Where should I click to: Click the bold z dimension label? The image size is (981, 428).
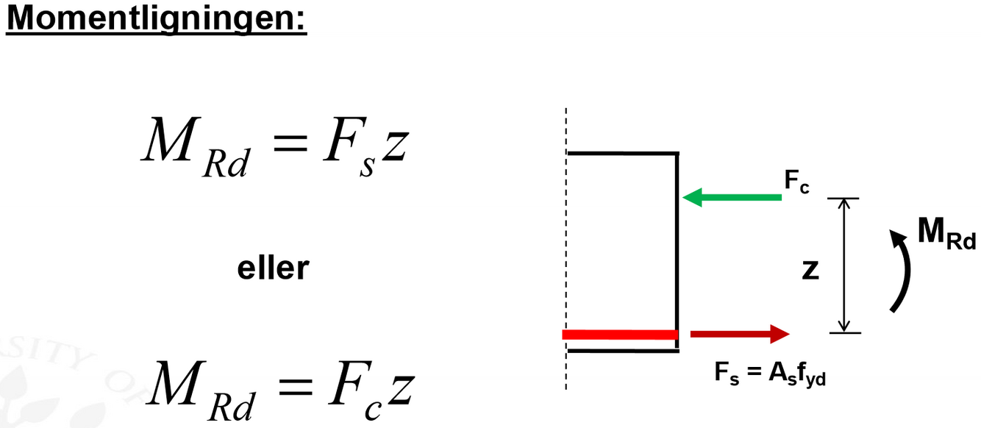(x=810, y=270)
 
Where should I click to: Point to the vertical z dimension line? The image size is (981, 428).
(x=844, y=265)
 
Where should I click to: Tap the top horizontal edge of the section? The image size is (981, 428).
(x=622, y=153)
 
